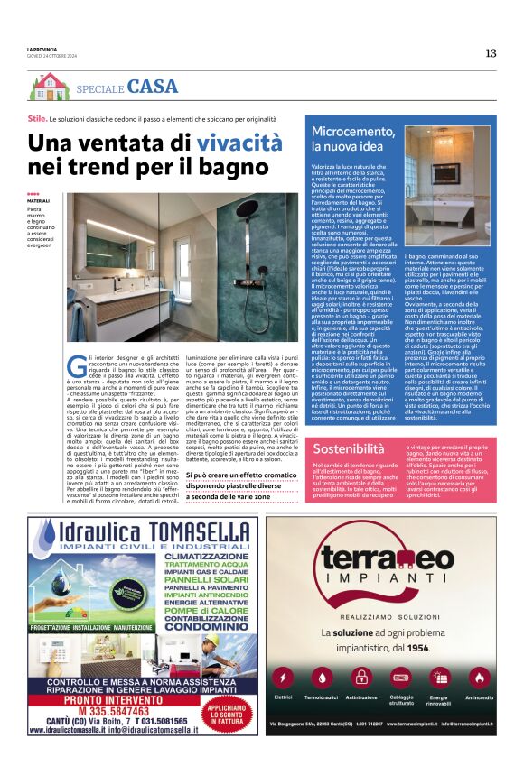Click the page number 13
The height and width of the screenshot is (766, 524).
(491, 53)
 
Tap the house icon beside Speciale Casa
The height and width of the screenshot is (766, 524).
(48, 87)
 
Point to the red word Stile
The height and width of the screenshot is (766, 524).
(37, 119)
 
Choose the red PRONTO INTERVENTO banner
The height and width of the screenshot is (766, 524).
(112, 685)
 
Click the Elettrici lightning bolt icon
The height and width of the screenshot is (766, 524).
(285, 676)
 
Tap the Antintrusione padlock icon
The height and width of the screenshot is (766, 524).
(361, 676)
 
